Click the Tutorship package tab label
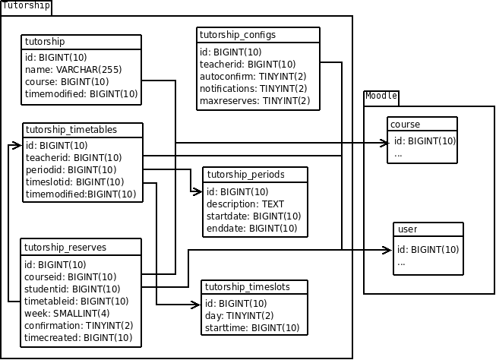point(27,6)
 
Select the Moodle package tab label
point(381,96)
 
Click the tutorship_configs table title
point(237,35)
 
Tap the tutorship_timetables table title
point(71,129)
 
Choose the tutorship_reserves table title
point(65,247)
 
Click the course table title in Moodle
point(405,124)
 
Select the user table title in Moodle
point(408,229)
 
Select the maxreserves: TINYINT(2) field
point(254,100)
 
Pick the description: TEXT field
point(245,204)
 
